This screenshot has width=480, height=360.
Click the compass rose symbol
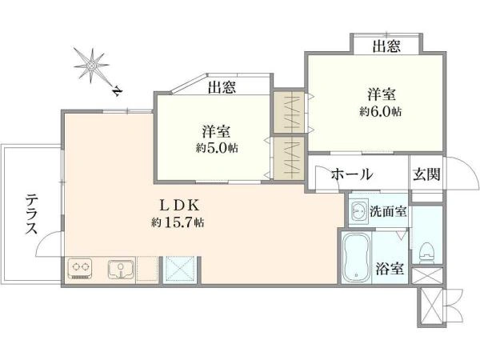pos(91,66)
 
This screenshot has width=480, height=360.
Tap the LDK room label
pos(180,206)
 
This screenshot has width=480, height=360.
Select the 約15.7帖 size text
pos(178,222)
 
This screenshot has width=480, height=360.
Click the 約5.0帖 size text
pos(217,149)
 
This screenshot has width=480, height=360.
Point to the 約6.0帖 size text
pos(381,112)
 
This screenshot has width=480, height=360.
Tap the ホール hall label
pos(352,174)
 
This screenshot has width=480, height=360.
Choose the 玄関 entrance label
pos(426,174)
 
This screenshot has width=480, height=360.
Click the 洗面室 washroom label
pos(388,211)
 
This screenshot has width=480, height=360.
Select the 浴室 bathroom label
pos(390,269)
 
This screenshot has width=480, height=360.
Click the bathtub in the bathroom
pos(356,258)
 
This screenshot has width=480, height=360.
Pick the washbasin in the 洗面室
pos(358,211)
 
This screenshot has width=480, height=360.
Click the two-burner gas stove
pos(80,269)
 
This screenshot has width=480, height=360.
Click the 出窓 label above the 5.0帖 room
pos(222,87)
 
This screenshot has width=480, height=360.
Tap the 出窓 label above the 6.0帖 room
pos(386,46)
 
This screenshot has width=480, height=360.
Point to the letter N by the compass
pos(118,91)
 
